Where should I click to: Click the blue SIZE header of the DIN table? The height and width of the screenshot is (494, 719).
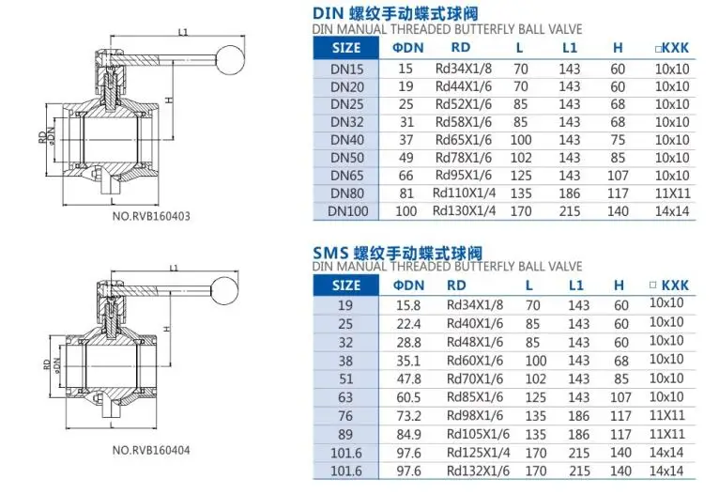pyautogui.click(x=346, y=48)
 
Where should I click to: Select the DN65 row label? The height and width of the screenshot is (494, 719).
pyautogui.click(x=346, y=176)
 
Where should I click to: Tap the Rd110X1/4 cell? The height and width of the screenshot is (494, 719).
pyautogui.click(x=464, y=193)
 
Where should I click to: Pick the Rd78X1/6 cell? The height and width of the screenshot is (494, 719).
pyautogui.click(x=463, y=158)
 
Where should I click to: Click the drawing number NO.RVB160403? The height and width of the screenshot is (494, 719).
pyautogui.click(x=151, y=216)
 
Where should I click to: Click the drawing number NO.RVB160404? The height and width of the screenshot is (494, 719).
pyautogui.click(x=151, y=450)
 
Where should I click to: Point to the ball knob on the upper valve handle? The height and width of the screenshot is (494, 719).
pyautogui.click(x=230, y=59)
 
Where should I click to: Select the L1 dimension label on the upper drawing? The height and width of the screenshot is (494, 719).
pyautogui.click(x=183, y=32)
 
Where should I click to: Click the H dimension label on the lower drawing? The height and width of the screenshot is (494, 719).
pyautogui.click(x=167, y=329)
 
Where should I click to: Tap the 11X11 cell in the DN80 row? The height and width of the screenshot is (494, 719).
pyautogui.click(x=672, y=193)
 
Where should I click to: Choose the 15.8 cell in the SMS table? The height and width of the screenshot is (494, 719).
pyautogui.click(x=408, y=305)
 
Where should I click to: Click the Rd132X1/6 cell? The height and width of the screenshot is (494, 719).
pyautogui.click(x=478, y=471)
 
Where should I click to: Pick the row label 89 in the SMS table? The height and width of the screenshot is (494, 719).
pyautogui.click(x=345, y=435)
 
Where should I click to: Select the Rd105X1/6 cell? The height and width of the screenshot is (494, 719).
pyautogui.click(x=478, y=434)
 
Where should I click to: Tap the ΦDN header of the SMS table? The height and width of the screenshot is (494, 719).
pyautogui.click(x=408, y=286)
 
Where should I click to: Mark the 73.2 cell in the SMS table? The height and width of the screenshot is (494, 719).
pyautogui.click(x=408, y=416)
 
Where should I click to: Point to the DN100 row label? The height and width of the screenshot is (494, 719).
pyautogui.click(x=347, y=211)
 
